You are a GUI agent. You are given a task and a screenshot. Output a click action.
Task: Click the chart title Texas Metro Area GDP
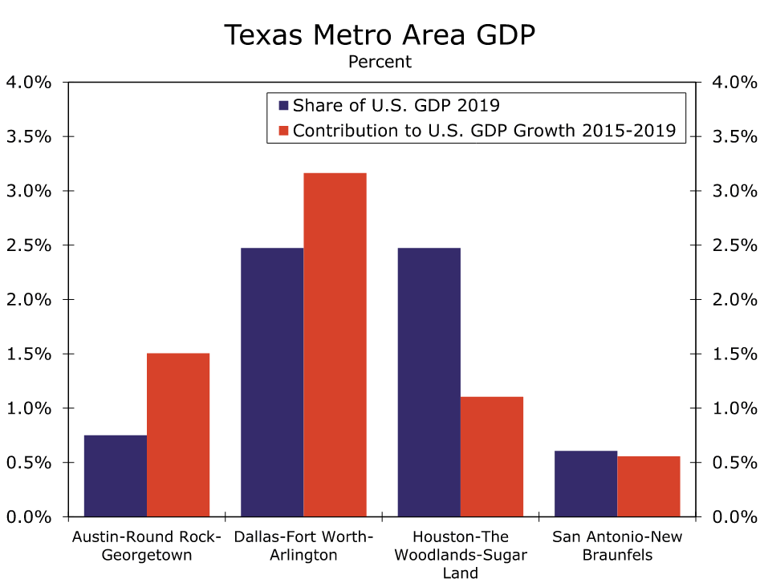click(380, 34)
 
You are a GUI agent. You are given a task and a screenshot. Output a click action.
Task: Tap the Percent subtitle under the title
click(380, 62)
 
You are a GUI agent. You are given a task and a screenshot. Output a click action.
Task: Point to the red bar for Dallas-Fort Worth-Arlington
click(335, 345)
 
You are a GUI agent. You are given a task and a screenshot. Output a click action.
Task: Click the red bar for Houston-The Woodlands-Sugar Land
click(492, 456)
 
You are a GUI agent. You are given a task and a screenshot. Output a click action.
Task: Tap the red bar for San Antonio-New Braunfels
click(648, 486)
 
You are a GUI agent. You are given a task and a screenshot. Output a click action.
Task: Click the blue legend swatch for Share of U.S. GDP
click(283, 106)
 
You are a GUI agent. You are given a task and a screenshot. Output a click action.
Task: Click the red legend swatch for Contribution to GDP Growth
click(283, 130)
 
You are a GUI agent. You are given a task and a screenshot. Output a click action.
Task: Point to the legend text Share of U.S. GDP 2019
click(396, 106)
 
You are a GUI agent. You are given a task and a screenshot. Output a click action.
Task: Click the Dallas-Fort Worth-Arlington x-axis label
click(303, 545)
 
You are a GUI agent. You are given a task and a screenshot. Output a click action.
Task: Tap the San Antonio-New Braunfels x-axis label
click(617, 545)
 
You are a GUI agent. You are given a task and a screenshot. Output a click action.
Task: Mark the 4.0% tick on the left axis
click(29, 82)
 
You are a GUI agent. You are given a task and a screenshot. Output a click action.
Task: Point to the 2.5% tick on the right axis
click(734, 245)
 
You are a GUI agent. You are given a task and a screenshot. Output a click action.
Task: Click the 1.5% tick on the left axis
click(29, 354)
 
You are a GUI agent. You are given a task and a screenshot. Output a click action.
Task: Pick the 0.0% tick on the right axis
click(734, 516)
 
